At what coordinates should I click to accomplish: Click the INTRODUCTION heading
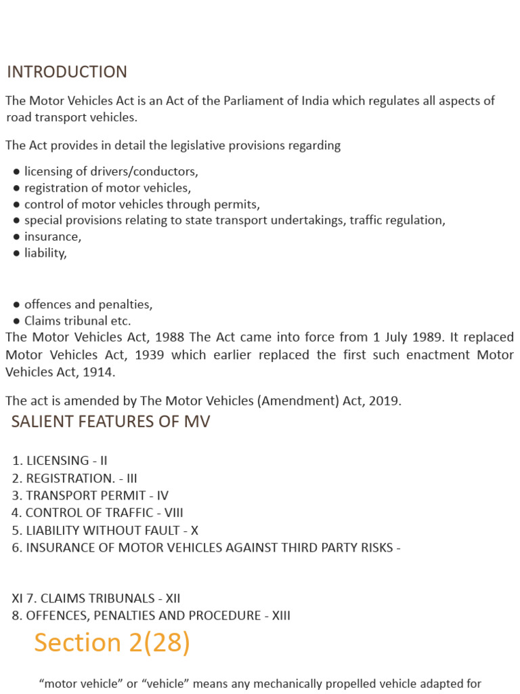pos(66,72)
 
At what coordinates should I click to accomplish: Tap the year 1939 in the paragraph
pos(150,354)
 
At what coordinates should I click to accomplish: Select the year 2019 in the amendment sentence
pos(386,401)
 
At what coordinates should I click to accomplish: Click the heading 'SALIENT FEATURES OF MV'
pos(110,422)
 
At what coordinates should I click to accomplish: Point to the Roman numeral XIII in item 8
pos(280,616)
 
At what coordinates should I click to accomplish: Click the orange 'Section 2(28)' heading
pos(112,642)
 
